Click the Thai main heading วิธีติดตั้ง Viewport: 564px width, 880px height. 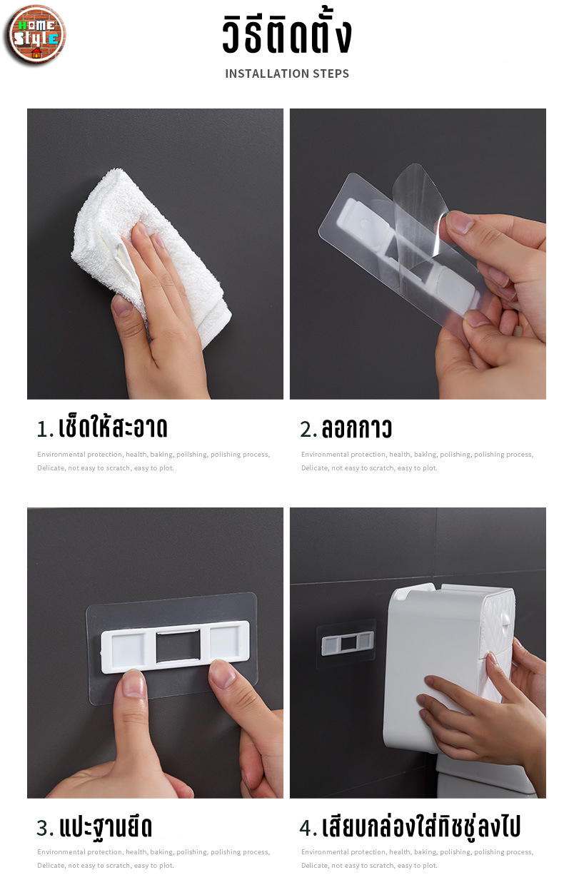pos(287,35)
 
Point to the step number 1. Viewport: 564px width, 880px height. pos(45,429)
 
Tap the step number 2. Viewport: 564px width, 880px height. pos(308,429)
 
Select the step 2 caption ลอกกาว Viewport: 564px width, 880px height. pos(357,428)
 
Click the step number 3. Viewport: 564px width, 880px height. pos(45,828)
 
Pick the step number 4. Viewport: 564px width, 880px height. pos(308,828)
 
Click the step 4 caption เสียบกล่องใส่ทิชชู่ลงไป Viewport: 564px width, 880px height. pos(421,827)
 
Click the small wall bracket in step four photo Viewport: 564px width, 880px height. pos(347,644)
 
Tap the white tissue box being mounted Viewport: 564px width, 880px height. pos(448,668)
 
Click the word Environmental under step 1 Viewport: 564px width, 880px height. pos(61,455)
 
